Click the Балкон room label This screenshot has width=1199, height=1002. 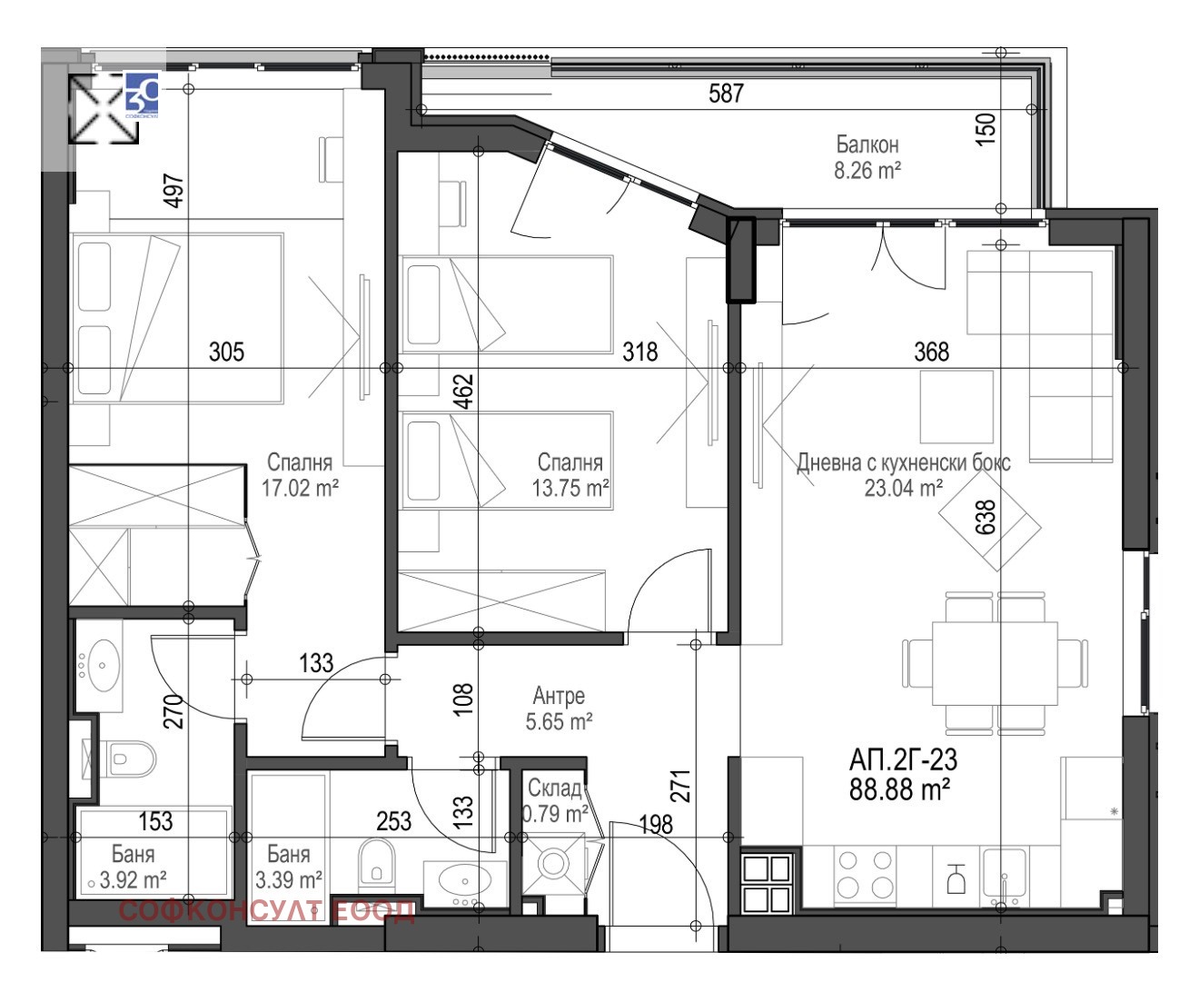click(867, 145)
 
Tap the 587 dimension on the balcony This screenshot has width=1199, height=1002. click(726, 94)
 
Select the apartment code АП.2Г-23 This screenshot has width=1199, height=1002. click(903, 760)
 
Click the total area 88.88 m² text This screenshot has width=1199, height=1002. click(899, 789)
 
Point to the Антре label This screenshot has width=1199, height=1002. click(559, 696)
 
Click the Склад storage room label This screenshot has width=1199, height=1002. click(555, 789)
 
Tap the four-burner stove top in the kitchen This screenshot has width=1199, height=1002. click(866, 876)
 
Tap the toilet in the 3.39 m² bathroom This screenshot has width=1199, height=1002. click(377, 860)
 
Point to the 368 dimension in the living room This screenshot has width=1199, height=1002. click(931, 352)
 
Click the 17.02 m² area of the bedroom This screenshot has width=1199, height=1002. click(301, 488)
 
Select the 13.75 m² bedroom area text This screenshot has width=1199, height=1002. click(570, 488)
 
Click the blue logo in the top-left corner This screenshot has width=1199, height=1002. click(142, 94)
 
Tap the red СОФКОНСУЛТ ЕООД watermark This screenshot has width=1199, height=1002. click(266, 911)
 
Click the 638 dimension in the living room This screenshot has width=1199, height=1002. click(986, 518)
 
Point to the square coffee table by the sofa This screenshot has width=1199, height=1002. click(956, 407)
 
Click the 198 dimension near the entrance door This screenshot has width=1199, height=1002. click(656, 825)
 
